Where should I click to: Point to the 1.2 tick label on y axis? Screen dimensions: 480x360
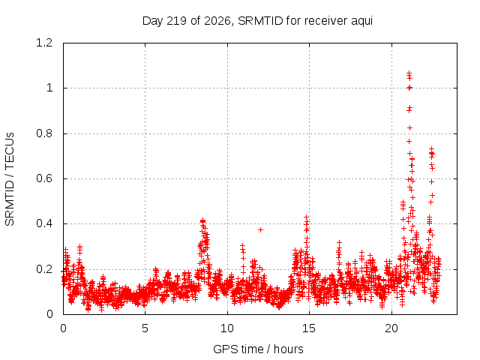44,43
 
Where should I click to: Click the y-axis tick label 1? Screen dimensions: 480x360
49,88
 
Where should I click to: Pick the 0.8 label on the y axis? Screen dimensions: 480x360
44,133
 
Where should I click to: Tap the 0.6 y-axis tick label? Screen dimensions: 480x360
44,178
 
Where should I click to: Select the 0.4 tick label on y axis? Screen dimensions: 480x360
44,223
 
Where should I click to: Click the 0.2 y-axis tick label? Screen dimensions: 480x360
44,269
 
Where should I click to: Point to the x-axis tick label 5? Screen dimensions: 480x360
145,328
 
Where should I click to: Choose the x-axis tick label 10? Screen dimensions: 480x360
227,328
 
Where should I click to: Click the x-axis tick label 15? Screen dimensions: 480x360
309,328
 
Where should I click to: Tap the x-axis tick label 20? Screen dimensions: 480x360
391,328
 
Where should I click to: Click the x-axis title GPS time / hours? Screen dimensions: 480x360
258,349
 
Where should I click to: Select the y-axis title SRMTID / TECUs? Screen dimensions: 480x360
10,179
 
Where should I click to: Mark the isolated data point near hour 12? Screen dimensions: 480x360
260,229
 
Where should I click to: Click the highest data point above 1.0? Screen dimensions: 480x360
409,73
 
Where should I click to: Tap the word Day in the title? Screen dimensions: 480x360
153,22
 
